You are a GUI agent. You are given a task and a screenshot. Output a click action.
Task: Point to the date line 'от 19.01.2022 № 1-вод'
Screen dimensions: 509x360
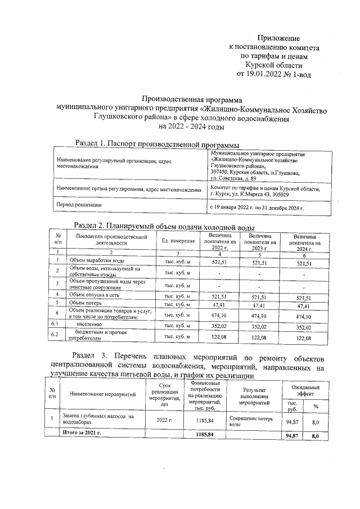pos(274,74)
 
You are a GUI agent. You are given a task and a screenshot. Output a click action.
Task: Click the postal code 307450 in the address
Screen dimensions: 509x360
pos(221,172)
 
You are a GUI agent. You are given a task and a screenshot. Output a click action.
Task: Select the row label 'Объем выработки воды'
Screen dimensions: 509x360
pos(97,262)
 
